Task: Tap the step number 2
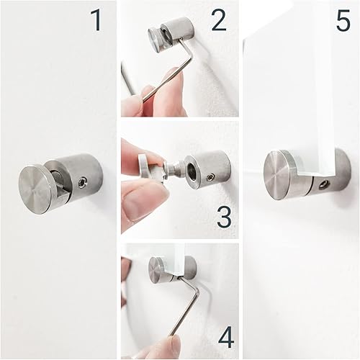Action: coord(219,20)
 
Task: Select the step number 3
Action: coord(224,217)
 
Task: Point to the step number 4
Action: coord(226,338)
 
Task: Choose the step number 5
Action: coord(343,21)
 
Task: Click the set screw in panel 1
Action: coord(82,184)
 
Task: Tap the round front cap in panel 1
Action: coord(37,190)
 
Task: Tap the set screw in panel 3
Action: coord(210,178)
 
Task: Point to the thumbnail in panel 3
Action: coord(134,207)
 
